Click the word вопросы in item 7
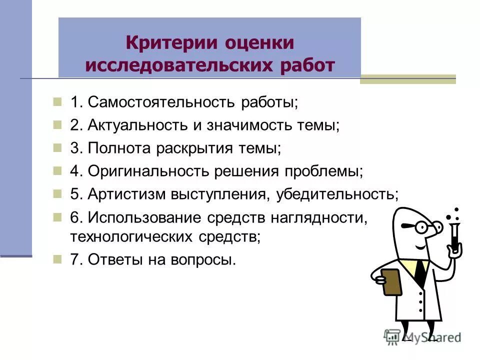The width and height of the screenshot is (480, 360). pos(202,260)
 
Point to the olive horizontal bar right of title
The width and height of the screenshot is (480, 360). pos(408,79)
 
